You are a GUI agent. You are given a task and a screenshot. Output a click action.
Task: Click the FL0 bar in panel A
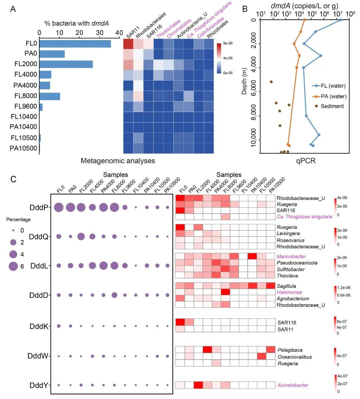point(75,44)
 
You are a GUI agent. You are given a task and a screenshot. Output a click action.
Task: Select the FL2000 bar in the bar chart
point(66,64)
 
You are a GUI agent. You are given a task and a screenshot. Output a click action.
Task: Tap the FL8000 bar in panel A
point(50,96)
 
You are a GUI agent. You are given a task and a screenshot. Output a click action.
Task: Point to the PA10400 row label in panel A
point(23,127)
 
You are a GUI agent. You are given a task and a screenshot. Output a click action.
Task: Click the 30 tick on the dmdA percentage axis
point(99,33)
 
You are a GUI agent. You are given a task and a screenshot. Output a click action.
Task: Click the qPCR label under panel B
point(305,161)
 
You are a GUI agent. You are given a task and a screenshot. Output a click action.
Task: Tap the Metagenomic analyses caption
point(118,161)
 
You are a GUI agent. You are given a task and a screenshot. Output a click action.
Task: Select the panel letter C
point(13,179)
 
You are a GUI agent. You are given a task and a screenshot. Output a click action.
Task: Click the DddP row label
point(39,207)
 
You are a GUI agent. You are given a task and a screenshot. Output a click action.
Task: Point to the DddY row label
point(39,385)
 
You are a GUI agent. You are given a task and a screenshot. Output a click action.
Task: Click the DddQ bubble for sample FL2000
point(81,236)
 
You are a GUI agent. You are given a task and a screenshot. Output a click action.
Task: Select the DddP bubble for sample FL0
point(59,207)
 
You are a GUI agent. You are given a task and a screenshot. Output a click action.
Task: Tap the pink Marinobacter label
point(291,256)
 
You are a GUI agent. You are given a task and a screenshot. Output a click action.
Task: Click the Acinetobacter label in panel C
point(293,385)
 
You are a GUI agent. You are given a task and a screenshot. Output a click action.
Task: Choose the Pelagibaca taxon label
point(290,350)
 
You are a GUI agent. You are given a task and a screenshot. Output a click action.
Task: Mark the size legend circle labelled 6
point(13,266)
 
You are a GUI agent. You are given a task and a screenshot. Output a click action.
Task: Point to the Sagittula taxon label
point(286,286)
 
